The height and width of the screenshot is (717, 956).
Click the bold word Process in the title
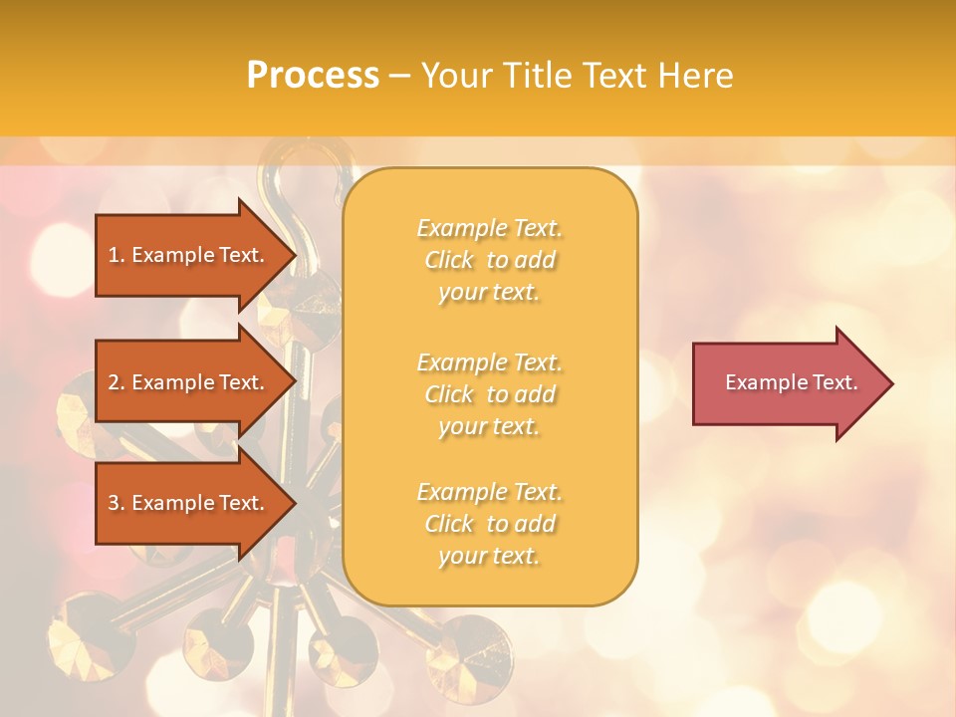pos(313,76)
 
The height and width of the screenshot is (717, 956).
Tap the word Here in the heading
pos(696,76)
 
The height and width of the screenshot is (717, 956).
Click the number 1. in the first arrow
pos(117,255)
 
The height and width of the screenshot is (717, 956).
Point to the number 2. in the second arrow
pos(117,382)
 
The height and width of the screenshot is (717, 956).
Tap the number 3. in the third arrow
pos(117,503)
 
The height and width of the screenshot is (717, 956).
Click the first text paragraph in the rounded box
pos(489,260)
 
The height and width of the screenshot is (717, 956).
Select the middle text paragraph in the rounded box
pos(489,394)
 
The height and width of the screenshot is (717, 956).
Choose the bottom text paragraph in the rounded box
pos(489,524)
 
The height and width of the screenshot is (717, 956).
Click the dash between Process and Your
pos(399,76)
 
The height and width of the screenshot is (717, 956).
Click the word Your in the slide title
pos(456,76)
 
